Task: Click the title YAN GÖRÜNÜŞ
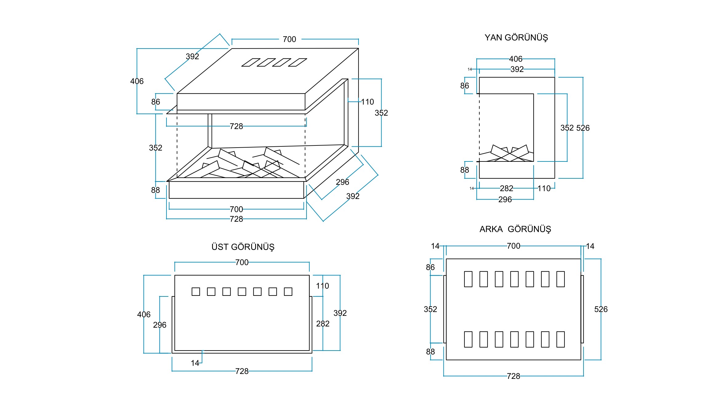[516, 38]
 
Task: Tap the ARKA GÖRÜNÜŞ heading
[515, 229]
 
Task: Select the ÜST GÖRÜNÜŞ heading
[243, 247]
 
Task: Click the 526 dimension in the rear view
[601, 309]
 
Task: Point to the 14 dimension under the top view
[195, 363]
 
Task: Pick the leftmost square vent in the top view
[196, 292]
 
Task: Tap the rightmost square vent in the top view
[288, 292]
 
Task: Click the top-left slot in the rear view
[468, 279]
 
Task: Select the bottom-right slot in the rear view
[560, 339]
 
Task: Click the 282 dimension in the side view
[506, 188]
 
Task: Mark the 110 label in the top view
[322, 286]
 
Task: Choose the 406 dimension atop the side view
[515, 59]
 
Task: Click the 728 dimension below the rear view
[513, 376]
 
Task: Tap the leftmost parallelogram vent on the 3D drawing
[251, 62]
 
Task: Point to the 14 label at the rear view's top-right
[590, 246]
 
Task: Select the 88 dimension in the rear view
[430, 352]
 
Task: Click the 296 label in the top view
[159, 325]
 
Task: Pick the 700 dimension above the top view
[242, 262]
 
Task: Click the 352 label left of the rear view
[430, 309]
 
